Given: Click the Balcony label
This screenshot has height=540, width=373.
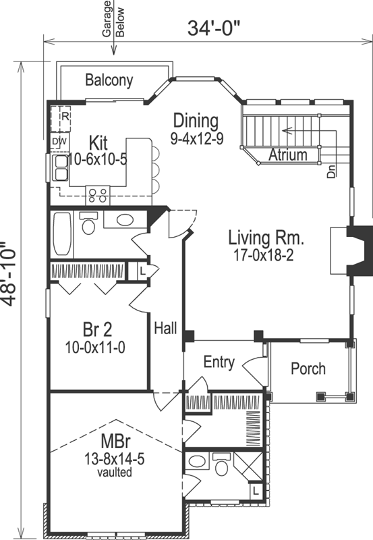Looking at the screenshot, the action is click(x=109, y=80).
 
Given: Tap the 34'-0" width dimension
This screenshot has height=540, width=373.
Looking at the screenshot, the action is click(x=213, y=28).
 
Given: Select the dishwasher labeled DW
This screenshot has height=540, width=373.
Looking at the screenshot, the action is click(x=60, y=142).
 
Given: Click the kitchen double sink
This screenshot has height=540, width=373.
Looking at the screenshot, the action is click(x=60, y=167).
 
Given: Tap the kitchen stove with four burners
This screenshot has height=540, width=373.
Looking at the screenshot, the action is click(x=97, y=196).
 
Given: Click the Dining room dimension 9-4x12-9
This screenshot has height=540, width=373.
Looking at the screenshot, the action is click(x=197, y=138).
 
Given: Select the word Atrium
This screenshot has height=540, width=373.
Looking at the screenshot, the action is click(x=287, y=155).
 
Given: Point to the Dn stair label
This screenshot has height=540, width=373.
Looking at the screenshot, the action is click(x=331, y=171).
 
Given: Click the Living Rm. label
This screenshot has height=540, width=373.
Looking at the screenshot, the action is click(x=266, y=238).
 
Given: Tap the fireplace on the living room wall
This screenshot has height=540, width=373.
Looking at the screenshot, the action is click(x=351, y=250).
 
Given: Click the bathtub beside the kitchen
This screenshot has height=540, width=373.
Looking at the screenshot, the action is click(x=63, y=234).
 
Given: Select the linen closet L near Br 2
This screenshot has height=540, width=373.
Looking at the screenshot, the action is click(x=143, y=271).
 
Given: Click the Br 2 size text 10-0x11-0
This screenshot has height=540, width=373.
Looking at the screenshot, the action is click(x=95, y=348).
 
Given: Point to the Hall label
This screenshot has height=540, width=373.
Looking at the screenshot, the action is click(x=165, y=328).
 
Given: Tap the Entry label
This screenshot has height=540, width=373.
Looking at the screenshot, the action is click(x=219, y=362).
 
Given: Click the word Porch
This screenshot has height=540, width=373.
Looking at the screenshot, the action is click(x=308, y=369).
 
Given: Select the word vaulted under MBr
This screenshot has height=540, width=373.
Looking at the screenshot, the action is click(x=115, y=472).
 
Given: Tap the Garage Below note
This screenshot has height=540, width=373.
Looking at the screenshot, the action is click(x=113, y=19).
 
